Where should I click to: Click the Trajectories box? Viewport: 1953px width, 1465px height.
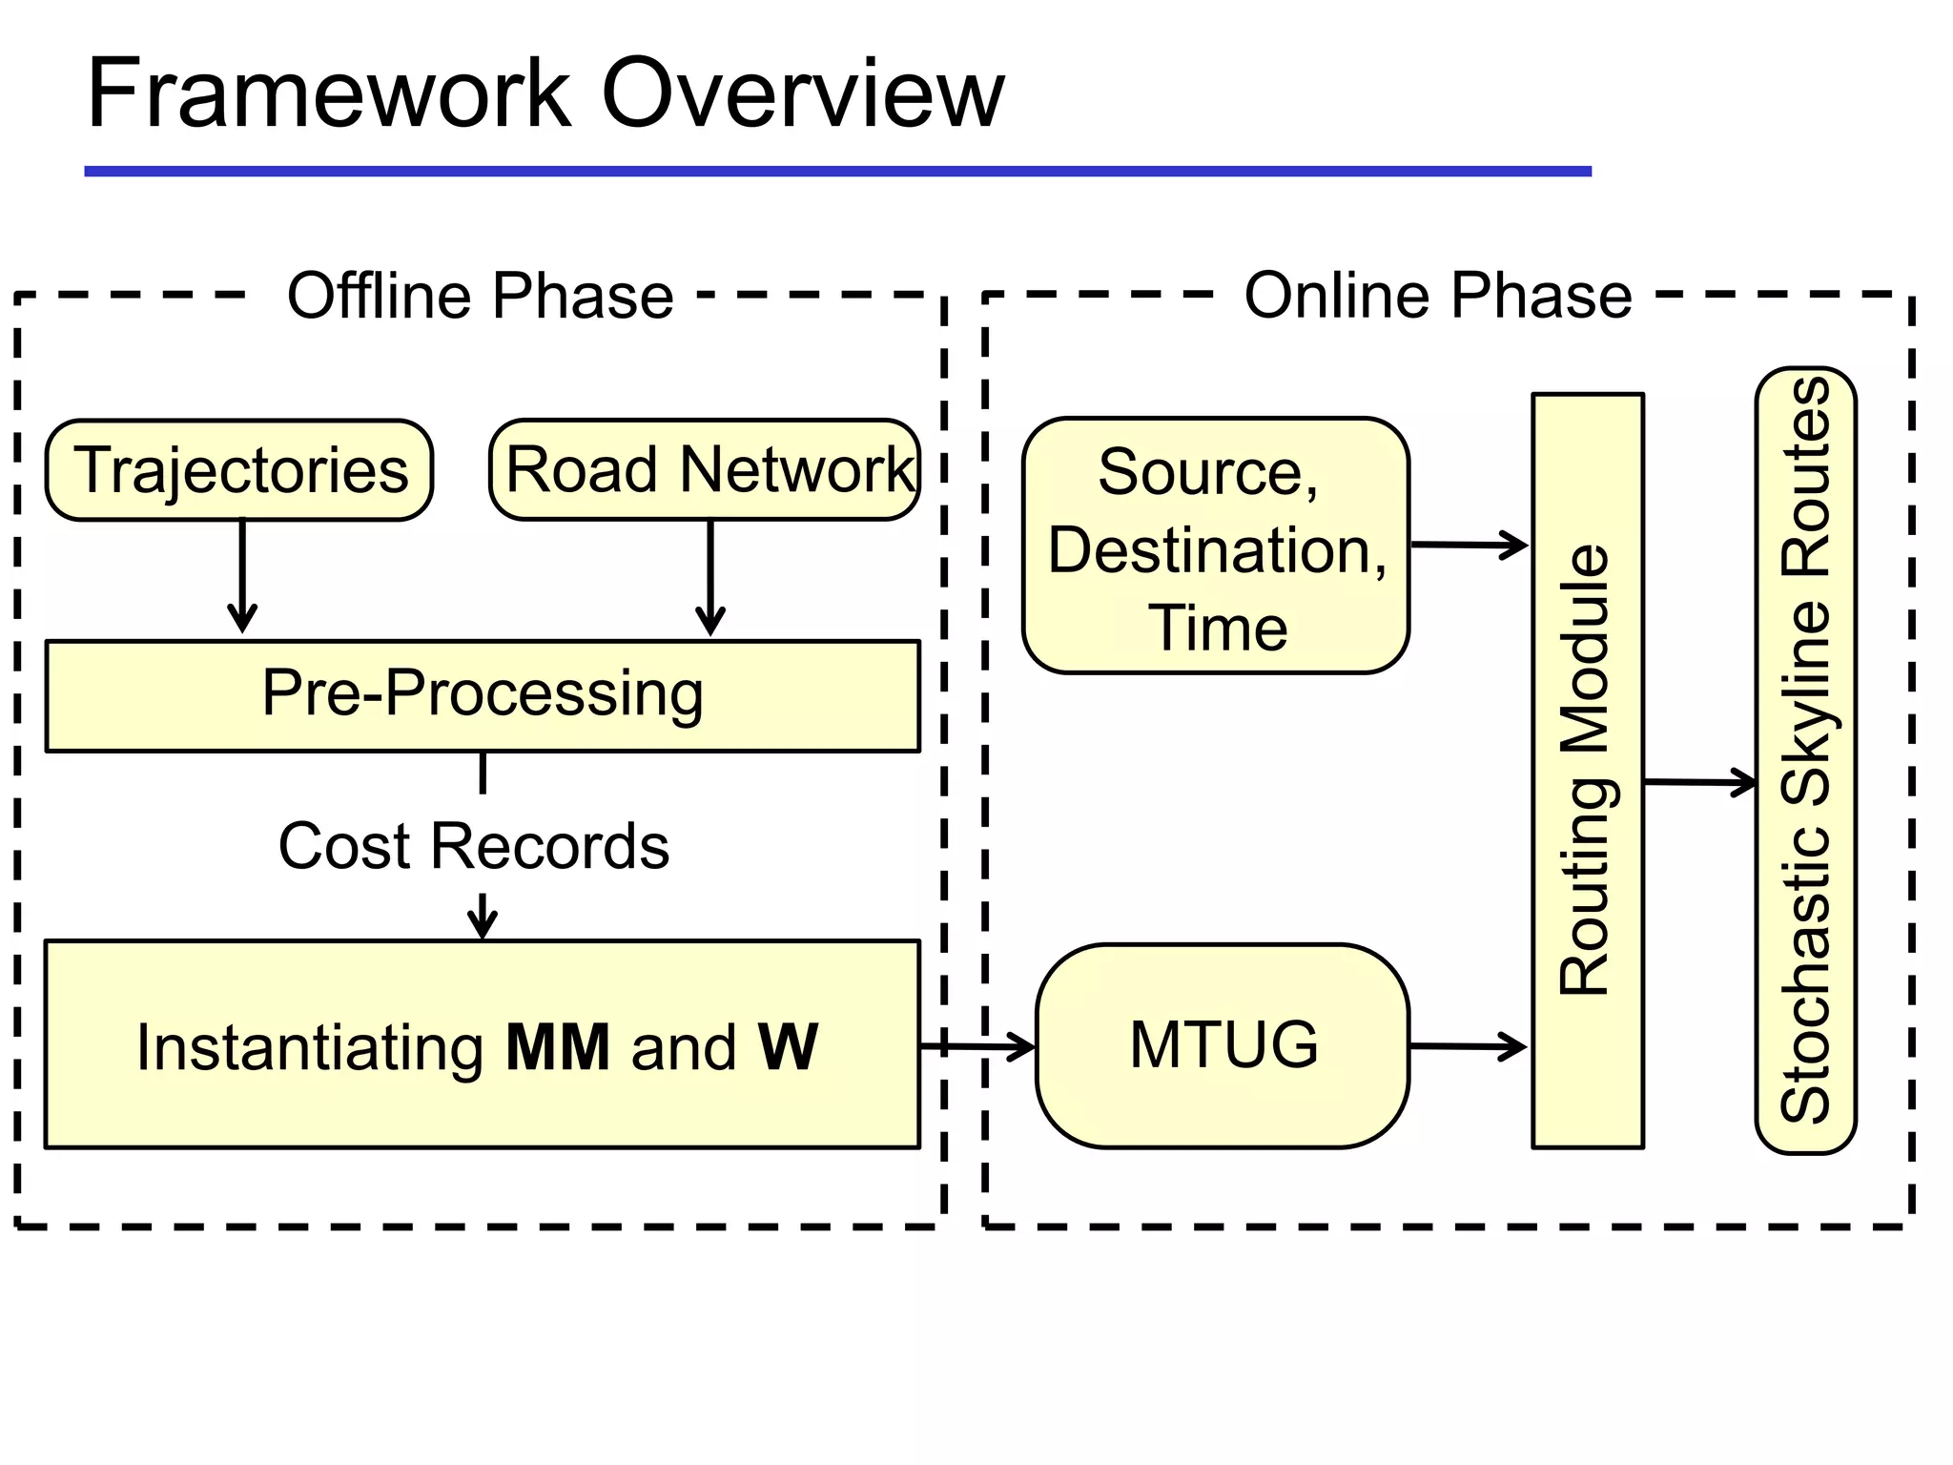tap(239, 470)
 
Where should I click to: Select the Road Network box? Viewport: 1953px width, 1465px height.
tap(705, 470)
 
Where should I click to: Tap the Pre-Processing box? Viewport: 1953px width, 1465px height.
tap(483, 695)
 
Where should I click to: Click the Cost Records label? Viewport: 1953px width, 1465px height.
tap(474, 846)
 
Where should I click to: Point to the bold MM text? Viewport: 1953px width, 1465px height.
tap(558, 1047)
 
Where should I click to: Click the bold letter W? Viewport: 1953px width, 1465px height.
tap(788, 1047)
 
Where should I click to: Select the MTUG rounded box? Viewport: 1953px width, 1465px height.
tap(1223, 1045)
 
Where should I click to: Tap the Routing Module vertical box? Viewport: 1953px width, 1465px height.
tap(1587, 771)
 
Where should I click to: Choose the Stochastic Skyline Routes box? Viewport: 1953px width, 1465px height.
tap(1805, 760)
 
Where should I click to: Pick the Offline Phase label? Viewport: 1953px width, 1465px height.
tap(481, 296)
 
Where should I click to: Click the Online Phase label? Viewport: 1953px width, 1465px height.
tap(1438, 296)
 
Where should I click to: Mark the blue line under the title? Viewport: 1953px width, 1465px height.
tap(837, 172)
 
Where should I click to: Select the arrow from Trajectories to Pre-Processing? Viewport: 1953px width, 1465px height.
tap(242, 577)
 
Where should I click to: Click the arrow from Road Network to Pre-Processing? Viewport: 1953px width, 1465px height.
tap(710, 578)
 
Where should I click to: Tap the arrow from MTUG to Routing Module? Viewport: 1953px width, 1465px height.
tap(1469, 1046)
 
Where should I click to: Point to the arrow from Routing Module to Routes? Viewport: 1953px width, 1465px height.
tap(1699, 782)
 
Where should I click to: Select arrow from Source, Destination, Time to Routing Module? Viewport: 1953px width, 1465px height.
tap(1469, 546)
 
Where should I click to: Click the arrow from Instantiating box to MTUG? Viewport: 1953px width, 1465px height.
tap(977, 1046)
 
